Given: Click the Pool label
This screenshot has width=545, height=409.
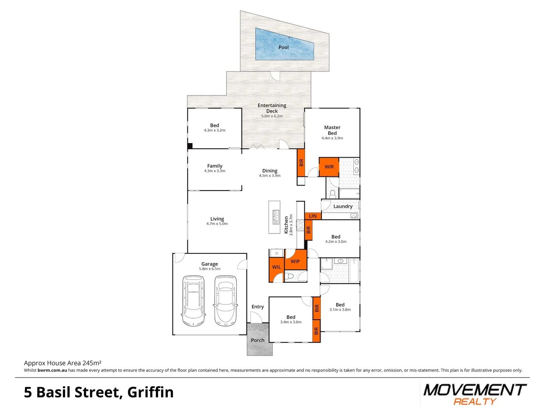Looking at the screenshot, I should tap(283, 47).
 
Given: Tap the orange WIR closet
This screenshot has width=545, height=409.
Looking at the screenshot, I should tap(329, 167).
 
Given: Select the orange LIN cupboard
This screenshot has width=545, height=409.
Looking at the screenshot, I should tap(313, 216).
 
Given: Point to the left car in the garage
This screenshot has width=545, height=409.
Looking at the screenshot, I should tap(193, 301).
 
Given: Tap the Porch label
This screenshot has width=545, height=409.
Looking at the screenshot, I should tap(258, 340).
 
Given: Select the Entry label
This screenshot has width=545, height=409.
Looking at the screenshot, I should tap(258, 307).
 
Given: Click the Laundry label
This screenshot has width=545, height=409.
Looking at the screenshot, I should tap(343, 206).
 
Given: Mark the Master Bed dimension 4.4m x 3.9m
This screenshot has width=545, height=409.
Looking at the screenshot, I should tap(332, 138).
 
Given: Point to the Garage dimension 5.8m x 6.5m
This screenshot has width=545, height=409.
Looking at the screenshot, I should tap(210, 269).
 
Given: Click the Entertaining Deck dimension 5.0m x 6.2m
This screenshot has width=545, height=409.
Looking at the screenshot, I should tap(272, 116).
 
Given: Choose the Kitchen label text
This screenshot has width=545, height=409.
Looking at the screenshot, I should tap(286, 225).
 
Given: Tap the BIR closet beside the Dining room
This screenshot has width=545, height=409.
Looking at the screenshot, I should tap(301, 162).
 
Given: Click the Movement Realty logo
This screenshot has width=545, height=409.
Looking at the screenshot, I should tap(475, 394).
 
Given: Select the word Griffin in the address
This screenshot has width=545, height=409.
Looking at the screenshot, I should tap(151, 392).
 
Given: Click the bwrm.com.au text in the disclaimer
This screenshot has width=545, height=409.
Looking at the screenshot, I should tap(52, 370).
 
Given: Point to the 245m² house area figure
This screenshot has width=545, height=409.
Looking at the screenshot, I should tap(92, 363).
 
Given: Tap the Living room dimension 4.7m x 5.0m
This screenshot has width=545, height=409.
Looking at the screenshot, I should tap(217, 224).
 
